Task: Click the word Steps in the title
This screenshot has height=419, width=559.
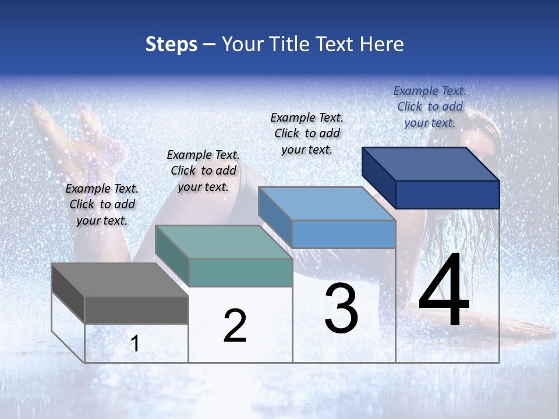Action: tap(171, 44)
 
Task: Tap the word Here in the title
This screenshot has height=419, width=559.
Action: tap(383, 44)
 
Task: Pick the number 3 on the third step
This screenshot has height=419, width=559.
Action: tap(341, 308)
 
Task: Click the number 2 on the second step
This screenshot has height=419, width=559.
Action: tap(235, 326)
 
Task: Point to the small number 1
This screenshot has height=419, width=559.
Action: tap(135, 343)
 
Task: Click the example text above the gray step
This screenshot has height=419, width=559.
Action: tap(102, 204)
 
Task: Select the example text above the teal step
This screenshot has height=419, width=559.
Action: tap(203, 171)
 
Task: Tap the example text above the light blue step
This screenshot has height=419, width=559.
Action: tap(307, 133)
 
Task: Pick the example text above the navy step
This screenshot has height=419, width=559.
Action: tap(430, 106)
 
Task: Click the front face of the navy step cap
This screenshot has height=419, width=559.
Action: tap(447, 194)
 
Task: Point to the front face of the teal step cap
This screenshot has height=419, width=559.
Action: tap(240, 272)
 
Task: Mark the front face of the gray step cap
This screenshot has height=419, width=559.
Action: tap(136, 310)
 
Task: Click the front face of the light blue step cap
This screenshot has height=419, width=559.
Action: tap(344, 234)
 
